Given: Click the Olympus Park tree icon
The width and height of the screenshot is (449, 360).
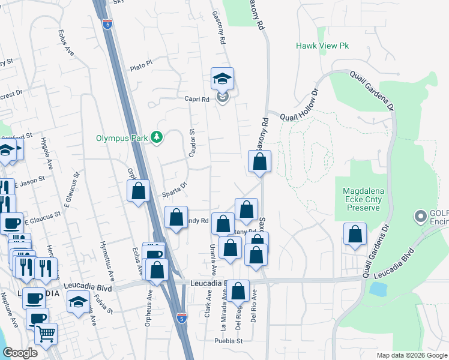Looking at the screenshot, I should point(157,137).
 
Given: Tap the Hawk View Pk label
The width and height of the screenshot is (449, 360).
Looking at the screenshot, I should point(322,46).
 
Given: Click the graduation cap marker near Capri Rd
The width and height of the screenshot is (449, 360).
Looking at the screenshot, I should point(222,79).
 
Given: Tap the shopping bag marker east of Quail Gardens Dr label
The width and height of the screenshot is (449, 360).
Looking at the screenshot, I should point(355,235).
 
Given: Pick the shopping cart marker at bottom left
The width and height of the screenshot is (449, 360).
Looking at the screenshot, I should point(46,334).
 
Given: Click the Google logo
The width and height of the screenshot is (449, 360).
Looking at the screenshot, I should point(20,353).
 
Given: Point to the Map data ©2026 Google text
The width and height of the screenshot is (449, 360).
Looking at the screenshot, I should point(411,355).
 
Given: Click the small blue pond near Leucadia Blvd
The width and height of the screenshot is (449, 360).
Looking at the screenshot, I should point(379,290).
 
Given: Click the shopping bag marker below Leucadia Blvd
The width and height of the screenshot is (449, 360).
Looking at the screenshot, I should point(238,292).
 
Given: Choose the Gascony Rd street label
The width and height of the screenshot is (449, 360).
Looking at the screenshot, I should point(221,28).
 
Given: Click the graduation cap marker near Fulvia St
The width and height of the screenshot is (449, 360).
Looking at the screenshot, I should point(78,302).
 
